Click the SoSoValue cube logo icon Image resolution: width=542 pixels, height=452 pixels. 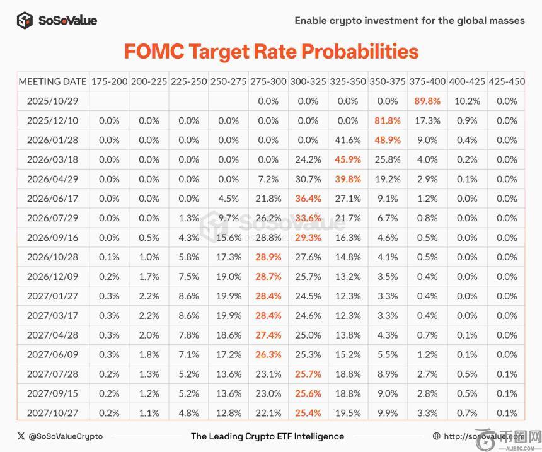tap(25, 20)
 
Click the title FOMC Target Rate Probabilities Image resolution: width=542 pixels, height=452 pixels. tap(271, 51)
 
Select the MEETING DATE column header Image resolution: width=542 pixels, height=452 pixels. tap(52, 81)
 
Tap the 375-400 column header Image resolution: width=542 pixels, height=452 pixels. tap(427, 81)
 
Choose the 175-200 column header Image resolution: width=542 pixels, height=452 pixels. tap(110, 81)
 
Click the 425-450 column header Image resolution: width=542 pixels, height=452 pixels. tap(506, 81)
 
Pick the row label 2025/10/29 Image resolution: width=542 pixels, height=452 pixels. tap(52, 101)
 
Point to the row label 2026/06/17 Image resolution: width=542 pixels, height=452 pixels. tap(52, 199)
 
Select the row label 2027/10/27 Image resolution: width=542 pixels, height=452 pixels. tap(52, 413)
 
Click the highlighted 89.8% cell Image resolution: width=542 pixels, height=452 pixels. tap(427, 101)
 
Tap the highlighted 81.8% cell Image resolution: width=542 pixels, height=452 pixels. tap(388, 120)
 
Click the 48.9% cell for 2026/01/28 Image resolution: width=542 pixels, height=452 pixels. tap(388, 140)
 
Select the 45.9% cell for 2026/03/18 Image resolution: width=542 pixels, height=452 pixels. tap(348, 159)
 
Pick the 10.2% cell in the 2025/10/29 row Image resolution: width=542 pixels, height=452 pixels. tap(467, 101)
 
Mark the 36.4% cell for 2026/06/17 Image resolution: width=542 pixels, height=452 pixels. tap(308, 199)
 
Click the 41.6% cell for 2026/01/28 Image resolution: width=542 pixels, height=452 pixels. tap(348, 140)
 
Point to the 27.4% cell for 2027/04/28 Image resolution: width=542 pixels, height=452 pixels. tap(268, 335)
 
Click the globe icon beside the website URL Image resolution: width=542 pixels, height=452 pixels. tap(437, 436)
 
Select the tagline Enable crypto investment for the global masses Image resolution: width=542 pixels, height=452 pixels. tap(410, 20)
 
